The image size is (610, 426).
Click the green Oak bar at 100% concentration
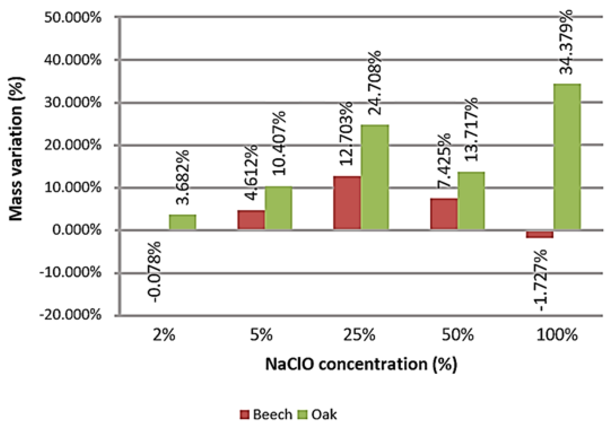[567, 157]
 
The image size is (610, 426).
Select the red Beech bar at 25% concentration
[347, 203]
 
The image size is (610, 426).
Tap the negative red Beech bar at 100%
[539, 234]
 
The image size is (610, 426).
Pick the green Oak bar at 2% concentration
[183, 222]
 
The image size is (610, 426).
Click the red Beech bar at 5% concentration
[251, 220]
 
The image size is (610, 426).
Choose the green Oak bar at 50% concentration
[471, 201]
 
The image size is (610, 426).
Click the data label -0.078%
[154, 272]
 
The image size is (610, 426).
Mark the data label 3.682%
[182, 177]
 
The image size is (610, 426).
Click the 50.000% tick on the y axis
[73, 18]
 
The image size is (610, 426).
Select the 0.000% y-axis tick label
[77, 230]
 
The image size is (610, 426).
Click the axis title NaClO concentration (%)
[361, 364]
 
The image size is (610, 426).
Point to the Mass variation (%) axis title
[16, 149]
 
